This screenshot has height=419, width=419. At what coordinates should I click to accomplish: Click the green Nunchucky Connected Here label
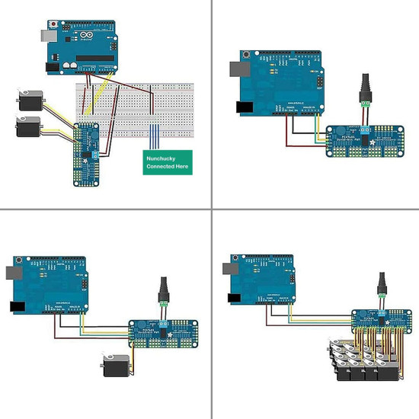coord(168,162)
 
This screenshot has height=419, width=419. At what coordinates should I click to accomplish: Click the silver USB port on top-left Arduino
coord(43,35)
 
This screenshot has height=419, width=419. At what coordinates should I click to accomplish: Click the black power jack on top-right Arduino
coord(245,107)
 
